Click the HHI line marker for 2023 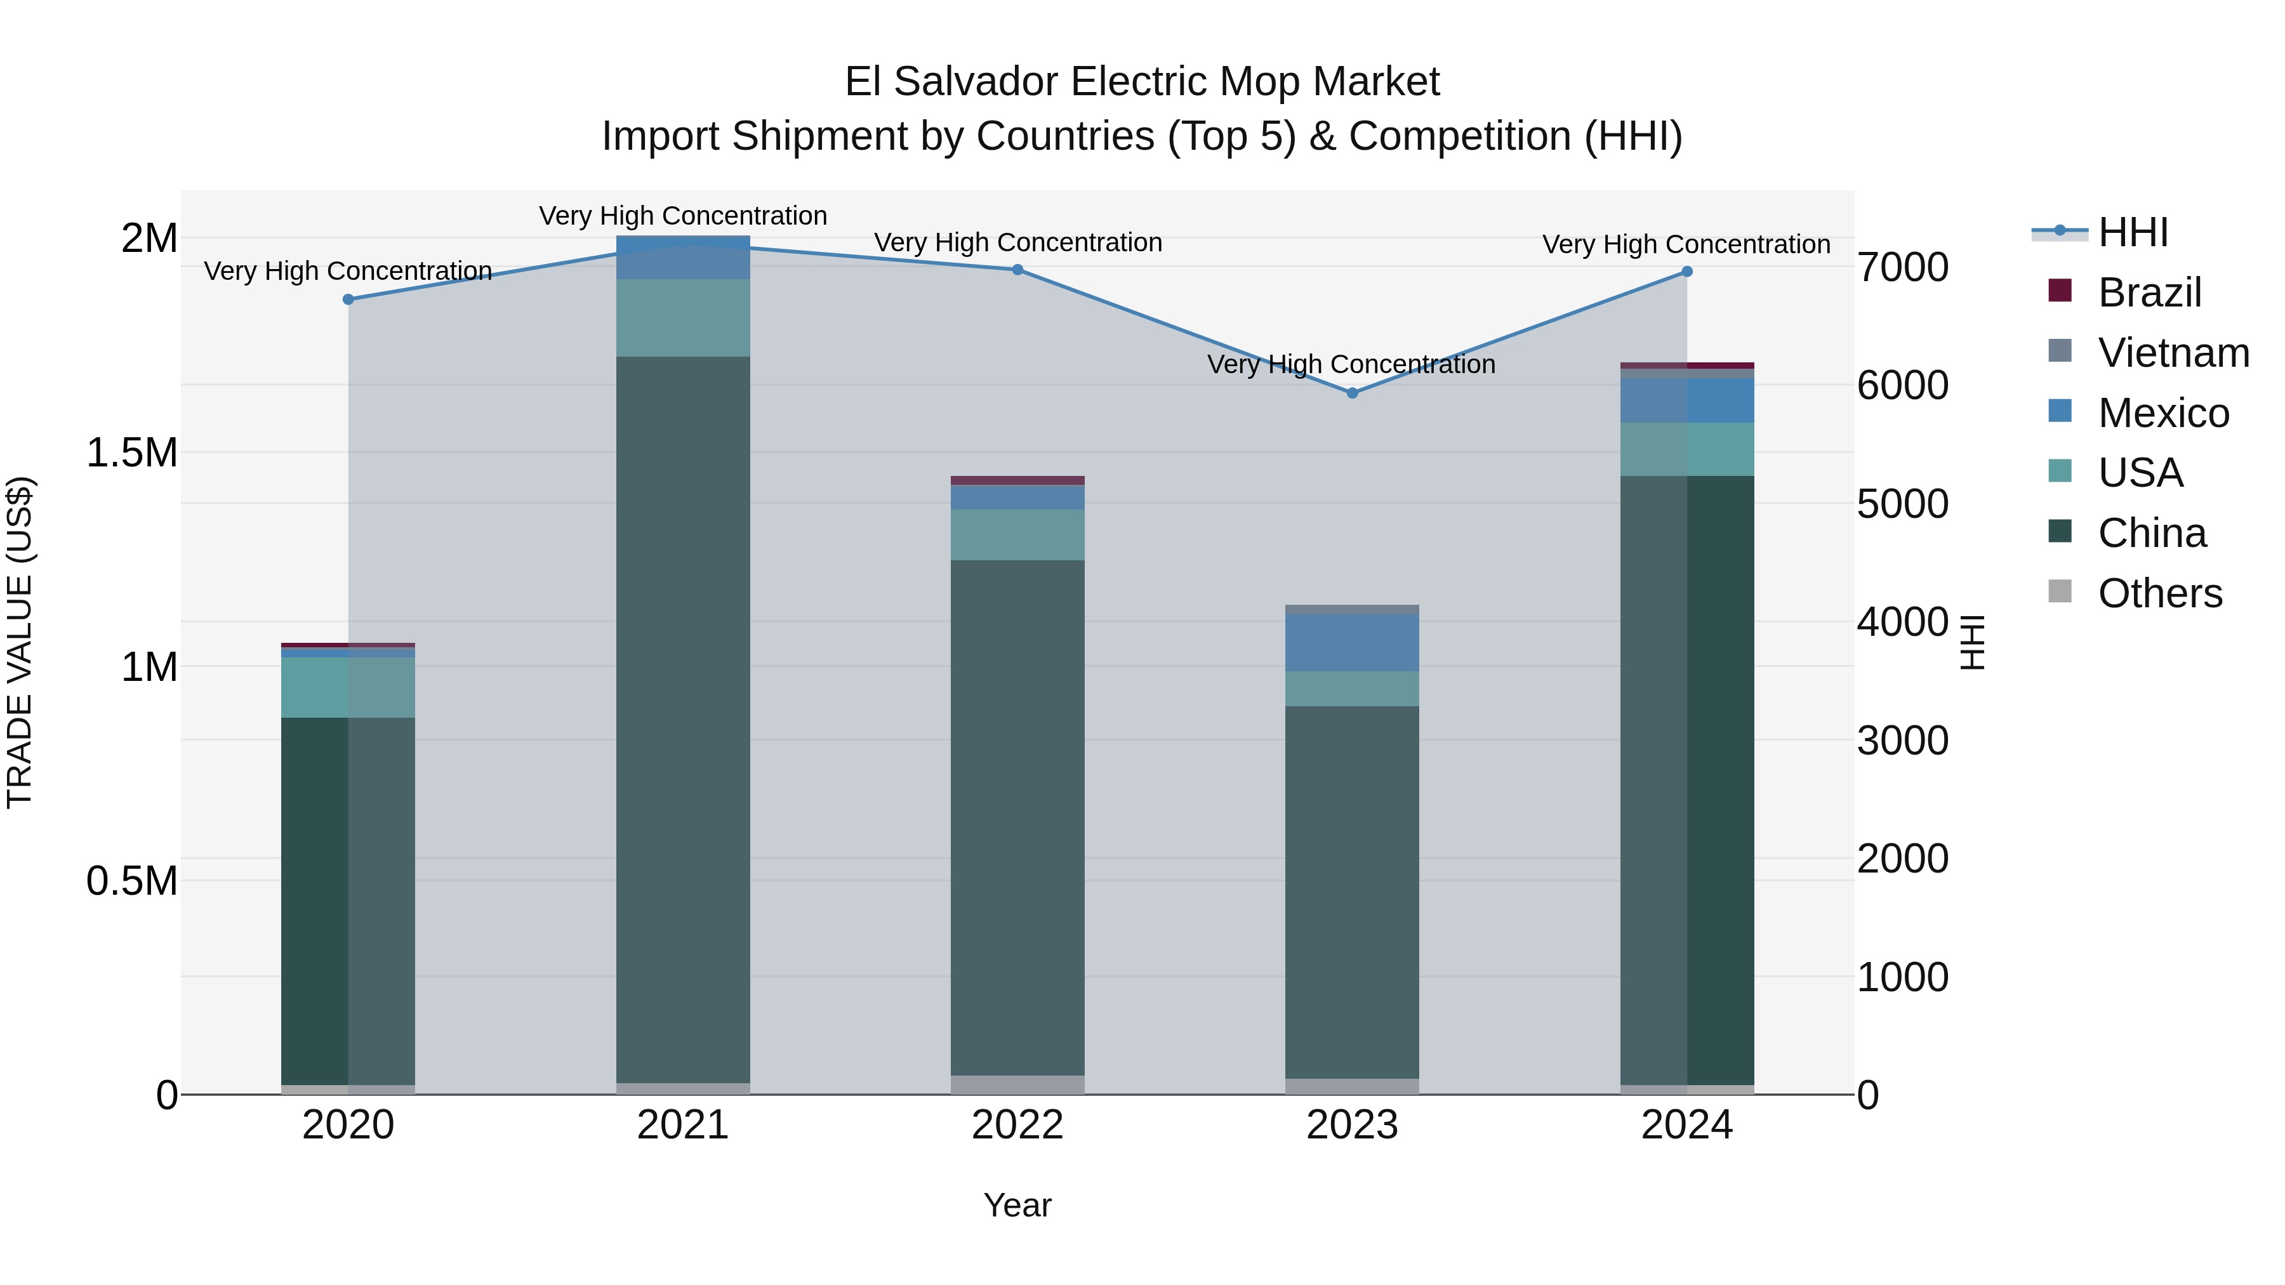click(1352, 393)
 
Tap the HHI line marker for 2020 click(348, 300)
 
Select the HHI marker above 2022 click(1017, 270)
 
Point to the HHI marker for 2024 click(1687, 272)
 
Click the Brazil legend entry click(2149, 293)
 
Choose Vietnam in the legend click(2173, 353)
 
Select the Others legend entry click(2160, 593)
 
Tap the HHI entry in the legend click(2133, 232)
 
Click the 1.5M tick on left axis click(131, 453)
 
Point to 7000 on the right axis click(1903, 268)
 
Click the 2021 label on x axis click(682, 1125)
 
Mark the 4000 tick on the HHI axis click(1903, 622)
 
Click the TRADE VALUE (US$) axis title click(20, 642)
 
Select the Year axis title click(1017, 1205)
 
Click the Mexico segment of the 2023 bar click(1352, 643)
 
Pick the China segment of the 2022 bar click(1017, 816)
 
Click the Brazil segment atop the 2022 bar click(1017, 480)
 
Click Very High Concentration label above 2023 click(1351, 364)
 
